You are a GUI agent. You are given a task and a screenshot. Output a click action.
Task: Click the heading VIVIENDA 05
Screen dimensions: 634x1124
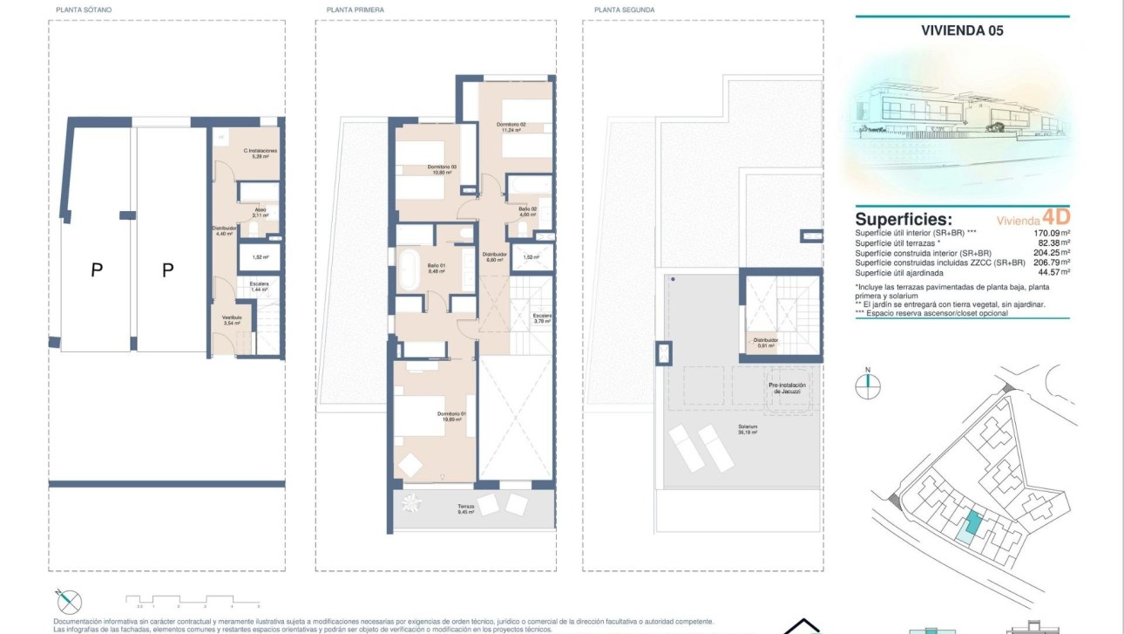pyautogui.click(x=962, y=30)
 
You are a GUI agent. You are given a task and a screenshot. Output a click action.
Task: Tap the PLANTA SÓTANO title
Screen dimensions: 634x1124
pyautogui.click(x=84, y=10)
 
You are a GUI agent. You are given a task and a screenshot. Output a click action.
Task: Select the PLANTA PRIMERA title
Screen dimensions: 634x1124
pyautogui.click(x=355, y=10)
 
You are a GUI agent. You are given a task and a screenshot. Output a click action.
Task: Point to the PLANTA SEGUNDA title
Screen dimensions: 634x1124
pyautogui.click(x=624, y=10)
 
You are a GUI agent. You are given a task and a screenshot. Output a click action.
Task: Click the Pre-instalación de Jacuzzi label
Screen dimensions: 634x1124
pyautogui.click(x=787, y=388)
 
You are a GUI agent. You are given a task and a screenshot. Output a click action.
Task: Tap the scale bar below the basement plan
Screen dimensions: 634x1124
pyautogui.click(x=193, y=600)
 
